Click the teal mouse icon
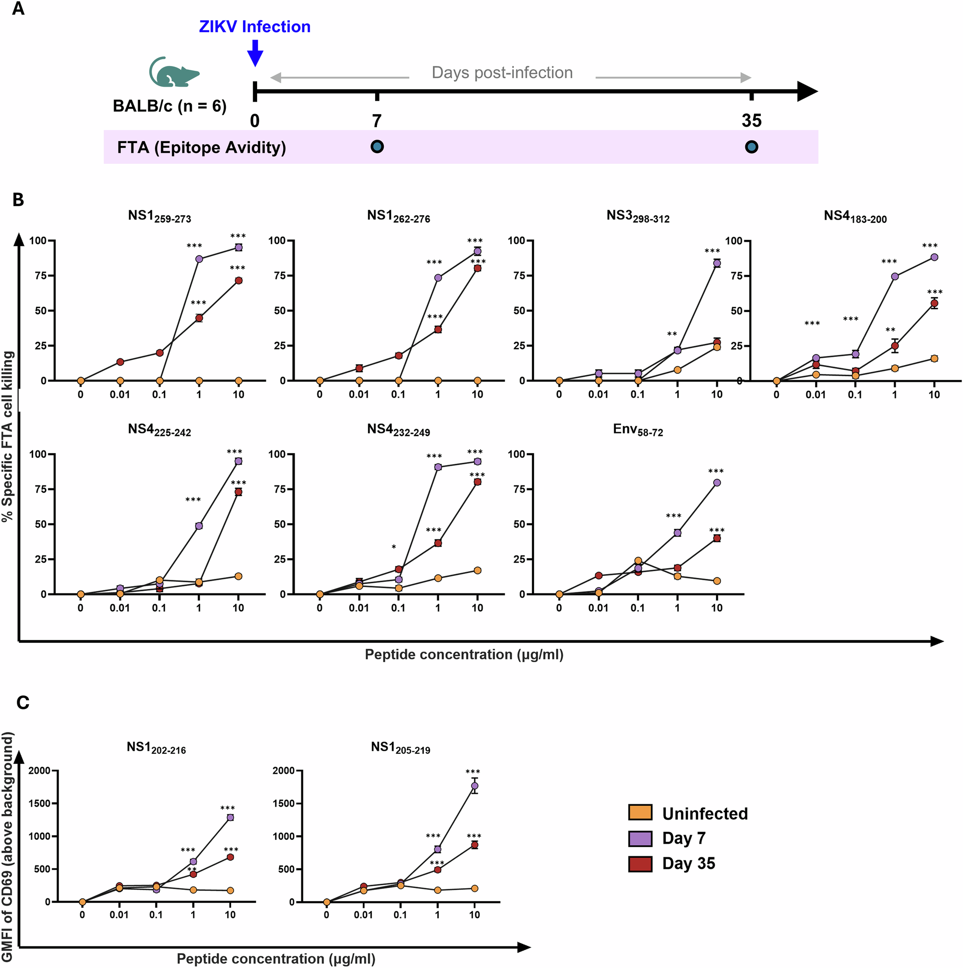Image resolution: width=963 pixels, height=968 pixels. [x=173, y=73]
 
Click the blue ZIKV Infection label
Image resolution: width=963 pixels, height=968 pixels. [x=255, y=26]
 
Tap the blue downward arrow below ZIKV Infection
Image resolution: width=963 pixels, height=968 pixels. [x=255, y=53]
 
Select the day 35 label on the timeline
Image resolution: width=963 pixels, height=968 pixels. [x=751, y=121]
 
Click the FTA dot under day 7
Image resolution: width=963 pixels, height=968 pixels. [x=377, y=147]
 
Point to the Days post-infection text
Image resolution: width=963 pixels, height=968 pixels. [x=502, y=73]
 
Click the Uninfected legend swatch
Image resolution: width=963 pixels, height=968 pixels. [x=640, y=812]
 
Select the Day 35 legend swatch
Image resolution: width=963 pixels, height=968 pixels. [x=640, y=864]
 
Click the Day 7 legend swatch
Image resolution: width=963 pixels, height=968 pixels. [x=640, y=838]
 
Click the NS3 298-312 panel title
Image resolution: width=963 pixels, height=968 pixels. [x=638, y=216]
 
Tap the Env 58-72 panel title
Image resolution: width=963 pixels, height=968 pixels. [x=638, y=430]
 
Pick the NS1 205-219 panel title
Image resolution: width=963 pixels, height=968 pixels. [x=400, y=747]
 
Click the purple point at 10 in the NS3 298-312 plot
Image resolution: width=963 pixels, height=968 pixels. [x=716, y=263]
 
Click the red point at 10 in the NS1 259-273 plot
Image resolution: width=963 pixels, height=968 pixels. [x=238, y=281]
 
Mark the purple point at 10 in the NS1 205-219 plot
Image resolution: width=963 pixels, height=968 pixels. [x=474, y=785]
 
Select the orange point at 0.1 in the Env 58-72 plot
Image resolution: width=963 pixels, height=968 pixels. [x=638, y=561]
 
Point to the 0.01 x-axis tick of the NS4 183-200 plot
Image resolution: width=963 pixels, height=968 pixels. [x=815, y=395]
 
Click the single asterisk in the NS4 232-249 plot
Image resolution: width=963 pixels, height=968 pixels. [x=394, y=548]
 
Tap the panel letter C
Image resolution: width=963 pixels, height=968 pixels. [x=23, y=703]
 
